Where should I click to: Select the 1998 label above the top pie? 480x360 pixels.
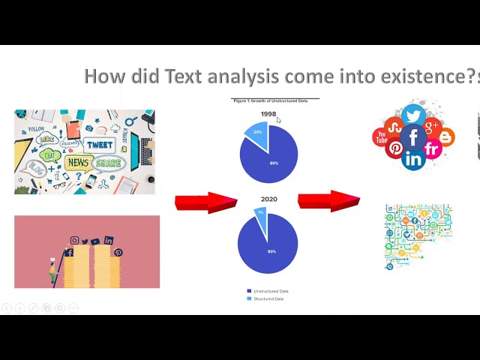click(x=268, y=114)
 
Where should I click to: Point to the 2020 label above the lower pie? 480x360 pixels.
click(x=268, y=199)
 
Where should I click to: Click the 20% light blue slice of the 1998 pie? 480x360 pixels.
click(x=256, y=133)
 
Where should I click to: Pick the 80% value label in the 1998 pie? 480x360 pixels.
click(x=274, y=163)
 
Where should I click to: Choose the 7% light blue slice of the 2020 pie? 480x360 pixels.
click(x=261, y=214)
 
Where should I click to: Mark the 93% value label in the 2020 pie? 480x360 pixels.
click(x=271, y=251)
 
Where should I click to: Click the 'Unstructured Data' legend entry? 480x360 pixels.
click(x=268, y=291)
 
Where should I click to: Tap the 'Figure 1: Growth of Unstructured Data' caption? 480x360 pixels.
click(x=271, y=100)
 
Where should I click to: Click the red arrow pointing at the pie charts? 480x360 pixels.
click(x=205, y=202)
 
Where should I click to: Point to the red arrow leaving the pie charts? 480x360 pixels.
click(x=328, y=200)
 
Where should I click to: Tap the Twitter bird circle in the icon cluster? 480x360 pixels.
click(x=413, y=115)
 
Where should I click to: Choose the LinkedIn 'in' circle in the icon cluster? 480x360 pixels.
click(x=413, y=158)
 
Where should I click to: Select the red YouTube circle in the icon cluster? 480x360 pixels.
click(x=381, y=138)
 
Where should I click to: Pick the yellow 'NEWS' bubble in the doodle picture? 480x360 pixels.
click(x=79, y=162)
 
